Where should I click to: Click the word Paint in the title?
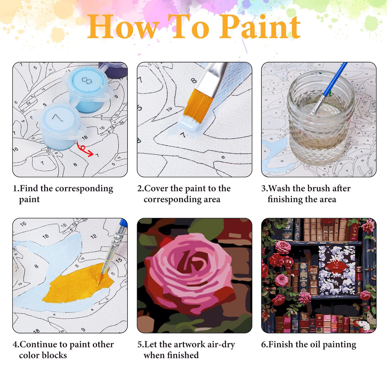click(260, 27)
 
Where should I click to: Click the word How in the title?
click(123, 27)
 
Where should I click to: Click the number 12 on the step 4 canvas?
click(93, 237)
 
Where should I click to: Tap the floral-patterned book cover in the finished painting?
click(337, 269)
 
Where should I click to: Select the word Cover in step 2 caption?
click(156, 189)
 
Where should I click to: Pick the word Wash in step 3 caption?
click(279, 189)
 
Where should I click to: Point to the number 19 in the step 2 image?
click(169, 109)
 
